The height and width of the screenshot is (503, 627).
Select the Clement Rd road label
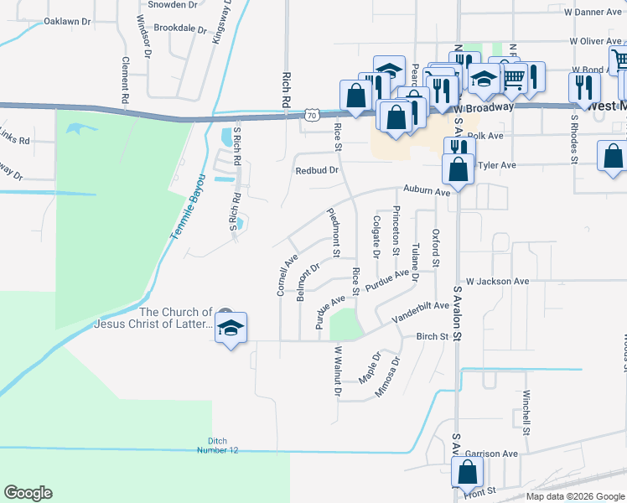point(124,80)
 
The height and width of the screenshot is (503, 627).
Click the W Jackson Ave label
point(498,282)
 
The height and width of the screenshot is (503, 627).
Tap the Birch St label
point(433,336)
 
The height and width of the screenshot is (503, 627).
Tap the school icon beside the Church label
point(231,327)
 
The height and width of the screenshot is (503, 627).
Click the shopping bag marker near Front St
point(467,474)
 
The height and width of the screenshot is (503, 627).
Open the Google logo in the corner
point(28,493)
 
